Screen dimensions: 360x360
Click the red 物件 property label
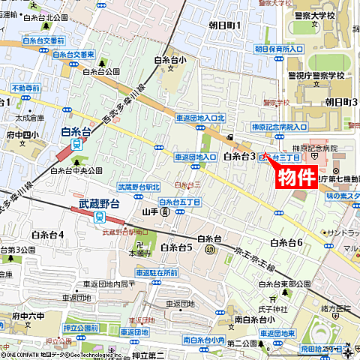point(296,178)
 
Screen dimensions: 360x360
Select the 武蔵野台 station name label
point(99,203)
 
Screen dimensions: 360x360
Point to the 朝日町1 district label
point(223,25)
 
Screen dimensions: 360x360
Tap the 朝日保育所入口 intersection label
point(278,49)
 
